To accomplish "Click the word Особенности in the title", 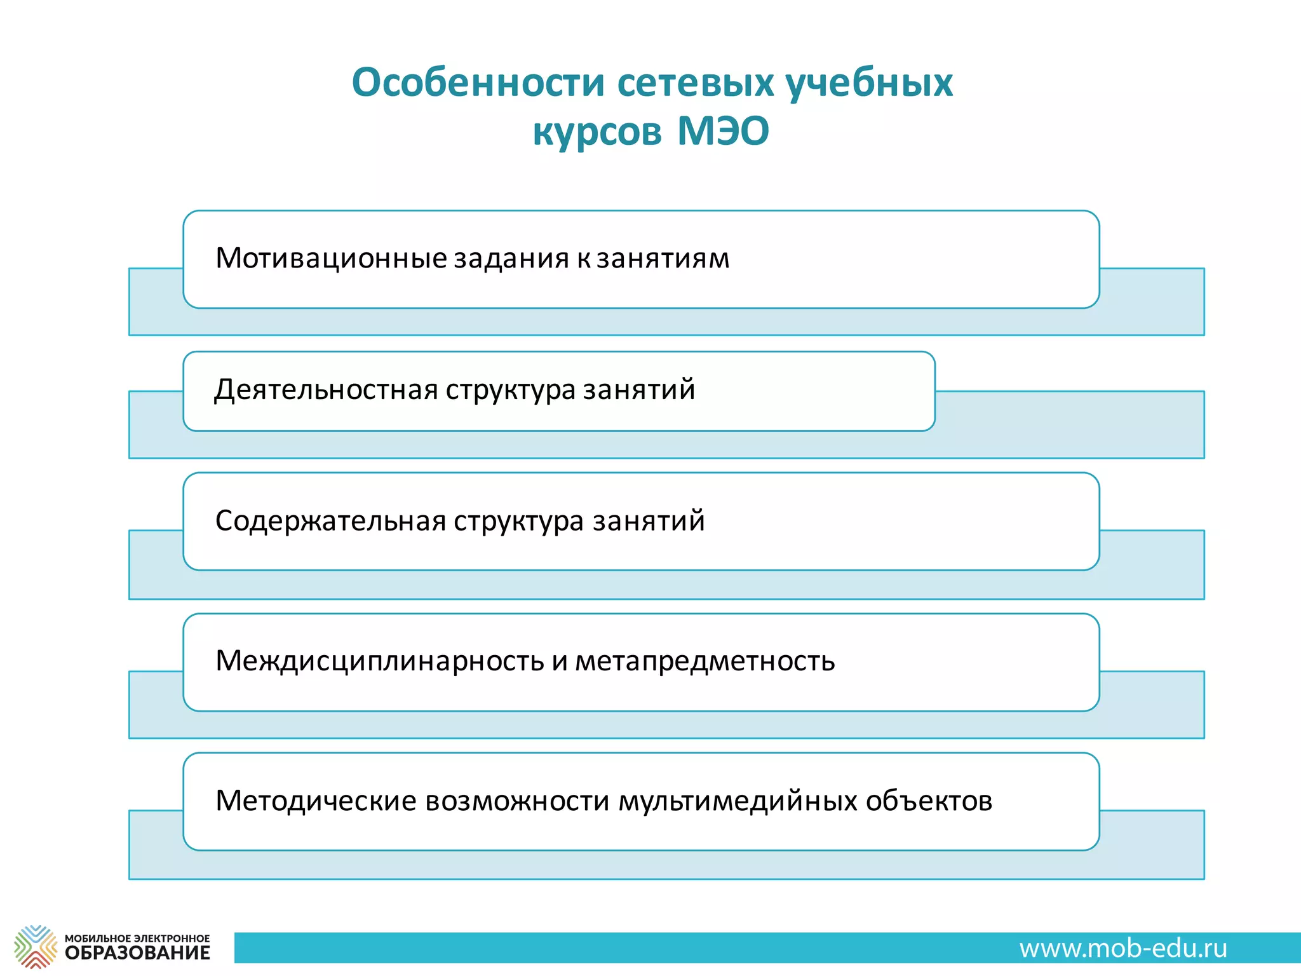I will (x=478, y=83).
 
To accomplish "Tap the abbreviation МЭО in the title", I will (x=723, y=132).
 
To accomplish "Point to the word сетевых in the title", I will (x=696, y=83).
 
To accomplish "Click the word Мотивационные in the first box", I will (x=331, y=259).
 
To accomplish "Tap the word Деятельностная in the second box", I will (x=326, y=390).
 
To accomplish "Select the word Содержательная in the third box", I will (x=330, y=521).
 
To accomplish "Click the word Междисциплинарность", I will (x=379, y=661).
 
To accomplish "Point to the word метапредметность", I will (x=704, y=661).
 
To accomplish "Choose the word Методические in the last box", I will (x=316, y=801).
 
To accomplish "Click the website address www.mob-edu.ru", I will (x=1123, y=948).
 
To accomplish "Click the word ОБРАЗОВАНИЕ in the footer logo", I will (x=137, y=952).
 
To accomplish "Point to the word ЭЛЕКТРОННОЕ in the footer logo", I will (x=172, y=938).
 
